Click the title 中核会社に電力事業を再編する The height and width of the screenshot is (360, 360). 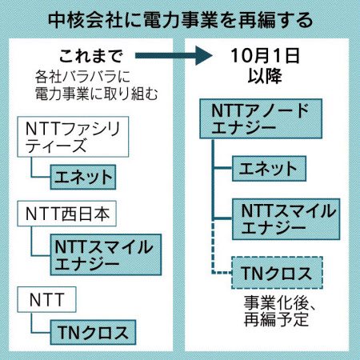coord(180,21)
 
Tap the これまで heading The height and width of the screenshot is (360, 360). coord(91,56)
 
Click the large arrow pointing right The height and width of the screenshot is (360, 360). coord(174,55)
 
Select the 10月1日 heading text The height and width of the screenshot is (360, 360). coord(265,56)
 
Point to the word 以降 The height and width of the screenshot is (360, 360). coord(265,76)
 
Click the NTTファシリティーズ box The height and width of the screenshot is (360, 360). coord(73,137)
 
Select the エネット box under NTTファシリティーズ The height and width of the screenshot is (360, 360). coord(83,177)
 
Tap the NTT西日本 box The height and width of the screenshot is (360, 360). coord(66,214)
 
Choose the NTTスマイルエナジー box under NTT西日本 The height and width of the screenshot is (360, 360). coord(106,254)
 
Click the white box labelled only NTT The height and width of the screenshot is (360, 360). coord(46,299)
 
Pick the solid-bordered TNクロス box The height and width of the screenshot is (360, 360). coord(93,333)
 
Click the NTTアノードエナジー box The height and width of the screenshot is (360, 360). coord(261,118)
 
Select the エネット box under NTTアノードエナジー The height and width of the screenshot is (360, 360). coord(269,169)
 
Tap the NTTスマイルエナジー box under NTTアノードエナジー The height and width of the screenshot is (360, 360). coord(286,219)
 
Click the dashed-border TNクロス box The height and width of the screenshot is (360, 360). coord(277,273)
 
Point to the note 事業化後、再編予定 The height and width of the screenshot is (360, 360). coord(279,311)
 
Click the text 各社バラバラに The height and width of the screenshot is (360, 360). coord(82,77)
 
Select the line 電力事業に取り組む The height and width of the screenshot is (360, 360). coord(96,94)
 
